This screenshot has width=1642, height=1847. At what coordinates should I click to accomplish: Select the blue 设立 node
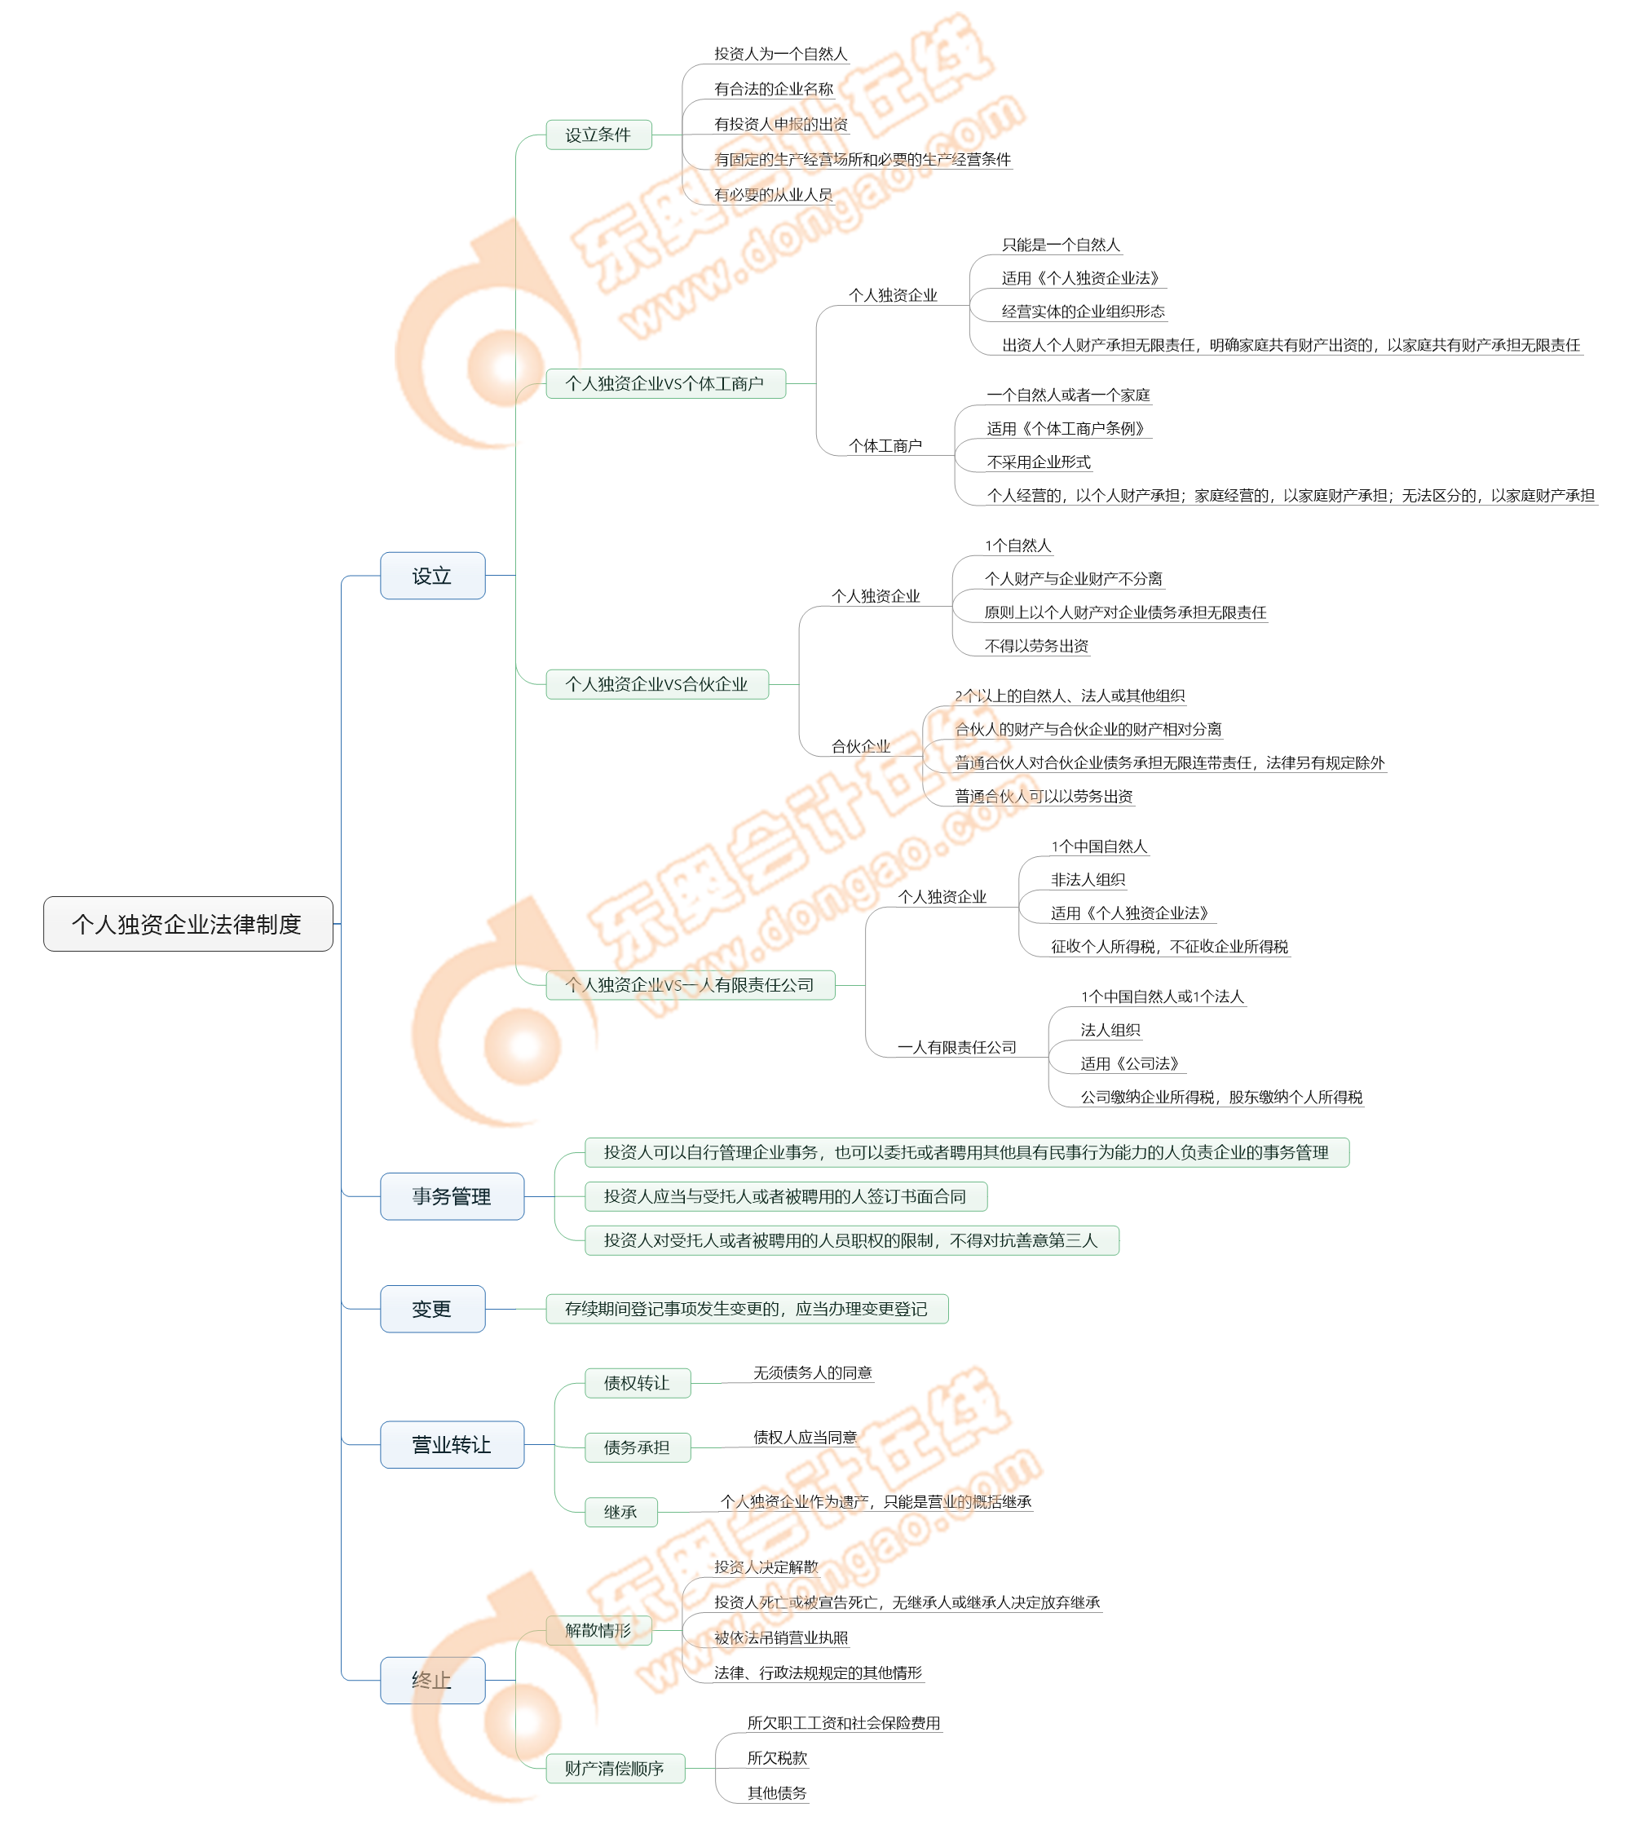[x=432, y=576]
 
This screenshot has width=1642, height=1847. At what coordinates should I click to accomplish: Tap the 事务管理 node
[x=451, y=1196]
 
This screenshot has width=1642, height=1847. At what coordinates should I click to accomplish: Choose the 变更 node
[x=432, y=1309]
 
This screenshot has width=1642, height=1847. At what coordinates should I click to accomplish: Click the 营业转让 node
[x=451, y=1445]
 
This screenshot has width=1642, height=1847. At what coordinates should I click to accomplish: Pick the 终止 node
[x=432, y=1681]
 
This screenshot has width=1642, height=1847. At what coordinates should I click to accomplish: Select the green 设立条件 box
[x=598, y=135]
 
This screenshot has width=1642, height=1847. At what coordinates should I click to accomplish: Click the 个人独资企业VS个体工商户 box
[x=665, y=383]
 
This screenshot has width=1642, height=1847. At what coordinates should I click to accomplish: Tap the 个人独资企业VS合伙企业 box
[x=657, y=684]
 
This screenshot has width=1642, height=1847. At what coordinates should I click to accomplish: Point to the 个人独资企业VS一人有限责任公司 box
[x=691, y=985]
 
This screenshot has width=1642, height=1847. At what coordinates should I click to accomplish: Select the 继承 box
[x=620, y=1512]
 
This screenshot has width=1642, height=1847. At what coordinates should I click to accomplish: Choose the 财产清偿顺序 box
[x=615, y=1769]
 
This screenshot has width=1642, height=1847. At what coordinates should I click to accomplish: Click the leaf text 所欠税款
[x=777, y=1757]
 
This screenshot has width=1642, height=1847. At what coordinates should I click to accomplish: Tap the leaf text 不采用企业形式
[x=1039, y=462]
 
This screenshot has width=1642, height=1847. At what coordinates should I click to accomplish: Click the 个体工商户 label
[x=885, y=445]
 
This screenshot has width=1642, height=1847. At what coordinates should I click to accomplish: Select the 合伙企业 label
[x=860, y=746]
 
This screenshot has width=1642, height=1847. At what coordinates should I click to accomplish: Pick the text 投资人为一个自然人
[x=781, y=54]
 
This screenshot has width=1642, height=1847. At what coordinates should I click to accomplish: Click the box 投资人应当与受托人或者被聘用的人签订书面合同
[x=785, y=1196]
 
